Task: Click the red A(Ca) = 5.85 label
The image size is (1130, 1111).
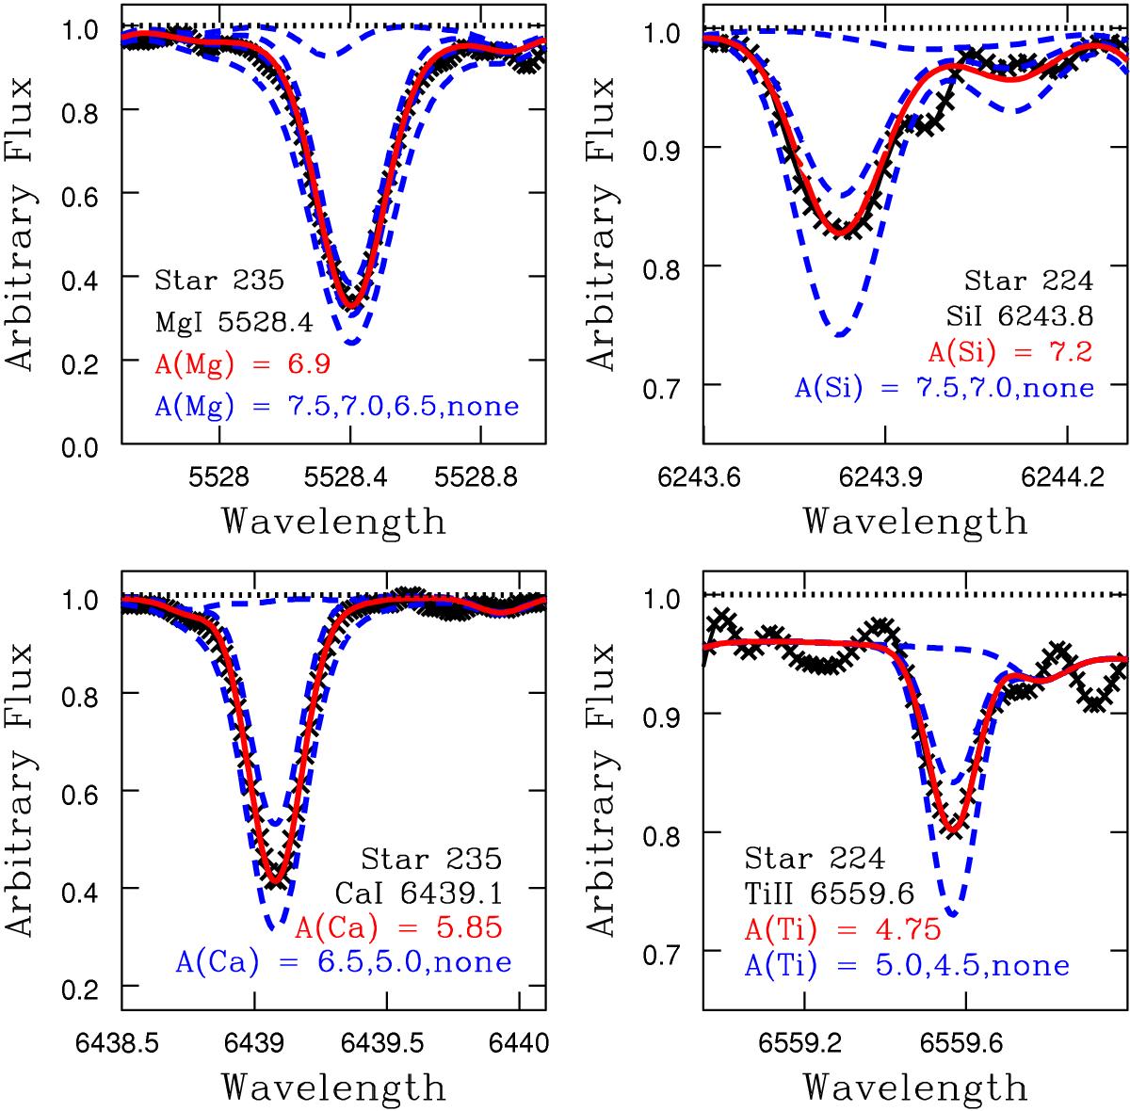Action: tap(398, 927)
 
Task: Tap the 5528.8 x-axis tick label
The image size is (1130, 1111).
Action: tap(481, 477)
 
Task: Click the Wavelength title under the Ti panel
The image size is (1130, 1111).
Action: tap(916, 1087)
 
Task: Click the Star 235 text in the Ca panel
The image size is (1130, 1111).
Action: tap(431, 858)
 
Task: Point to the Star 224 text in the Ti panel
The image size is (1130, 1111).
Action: tap(815, 860)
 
